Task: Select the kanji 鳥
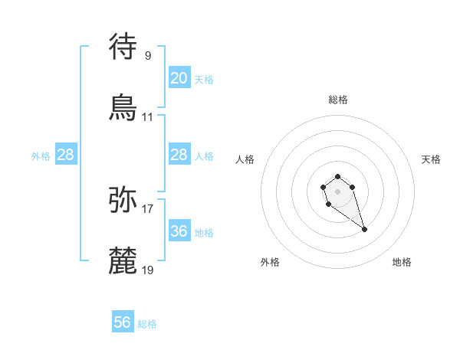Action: point(123,107)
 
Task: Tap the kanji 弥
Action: point(123,199)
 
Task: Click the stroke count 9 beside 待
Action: point(148,55)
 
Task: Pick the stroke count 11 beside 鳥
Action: point(148,117)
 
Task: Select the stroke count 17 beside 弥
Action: point(148,208)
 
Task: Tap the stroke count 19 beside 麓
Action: point(148,270)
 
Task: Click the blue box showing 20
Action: point(179,78)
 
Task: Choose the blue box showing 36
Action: point(179,231)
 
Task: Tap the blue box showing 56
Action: point(123,322)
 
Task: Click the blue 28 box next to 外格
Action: point(66,155)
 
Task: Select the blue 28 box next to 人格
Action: point(179,155)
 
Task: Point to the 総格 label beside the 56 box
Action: point(147,324)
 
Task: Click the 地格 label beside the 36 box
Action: point(204,233)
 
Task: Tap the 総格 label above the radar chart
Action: point(338,100)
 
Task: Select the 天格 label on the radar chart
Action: point(432,159)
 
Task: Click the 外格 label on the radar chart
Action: point(270,262)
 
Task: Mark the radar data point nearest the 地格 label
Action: point(364,229)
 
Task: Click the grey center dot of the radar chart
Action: point(337,191)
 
